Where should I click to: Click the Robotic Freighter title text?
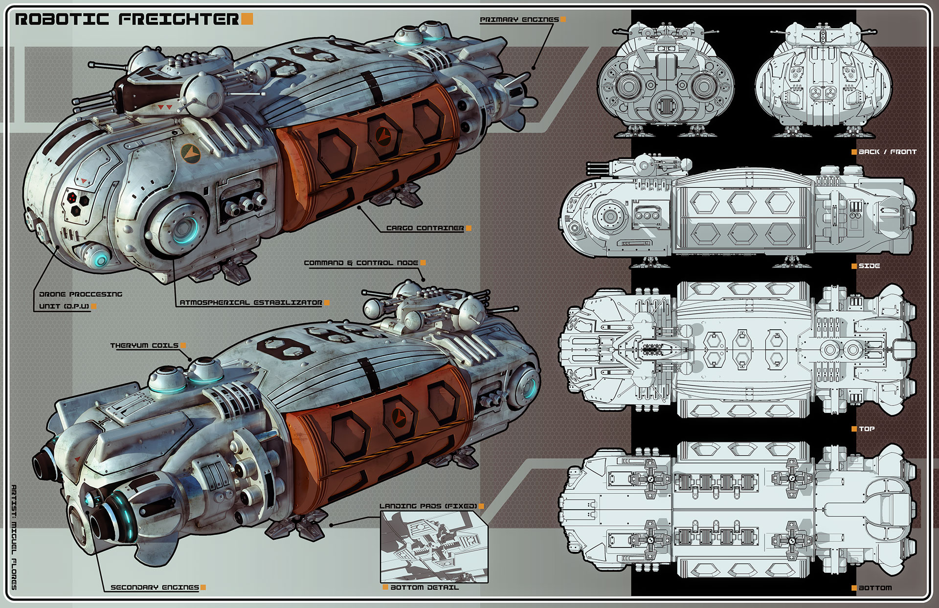click(x=127, y=20)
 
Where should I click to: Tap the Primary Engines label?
click(x=519, y=20)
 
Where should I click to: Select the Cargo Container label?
click(x=425, y=228)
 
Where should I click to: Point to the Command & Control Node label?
click(x=361, y=263)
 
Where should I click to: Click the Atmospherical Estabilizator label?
click(x=251, y=303)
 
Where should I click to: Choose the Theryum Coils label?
click(x=144, y=346)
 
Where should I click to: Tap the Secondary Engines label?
click(x=155, y=587)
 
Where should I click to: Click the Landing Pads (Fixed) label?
click(x=428, y=506)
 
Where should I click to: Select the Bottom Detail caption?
click(x=425, y=587)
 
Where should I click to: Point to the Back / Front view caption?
click(x=887, y=152)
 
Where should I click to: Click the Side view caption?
click(x=869, y=266)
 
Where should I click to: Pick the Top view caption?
click(x=867, y=429)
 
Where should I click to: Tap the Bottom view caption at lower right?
click(x=875, y=588)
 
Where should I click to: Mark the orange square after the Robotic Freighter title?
click(x=247, y=19)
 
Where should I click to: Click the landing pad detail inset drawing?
click(x=434, y=546)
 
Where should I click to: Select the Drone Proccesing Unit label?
click(x=81, y=300)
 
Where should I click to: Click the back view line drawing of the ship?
click(x=666, y=81)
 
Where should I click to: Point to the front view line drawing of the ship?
click(x=823, y=81)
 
